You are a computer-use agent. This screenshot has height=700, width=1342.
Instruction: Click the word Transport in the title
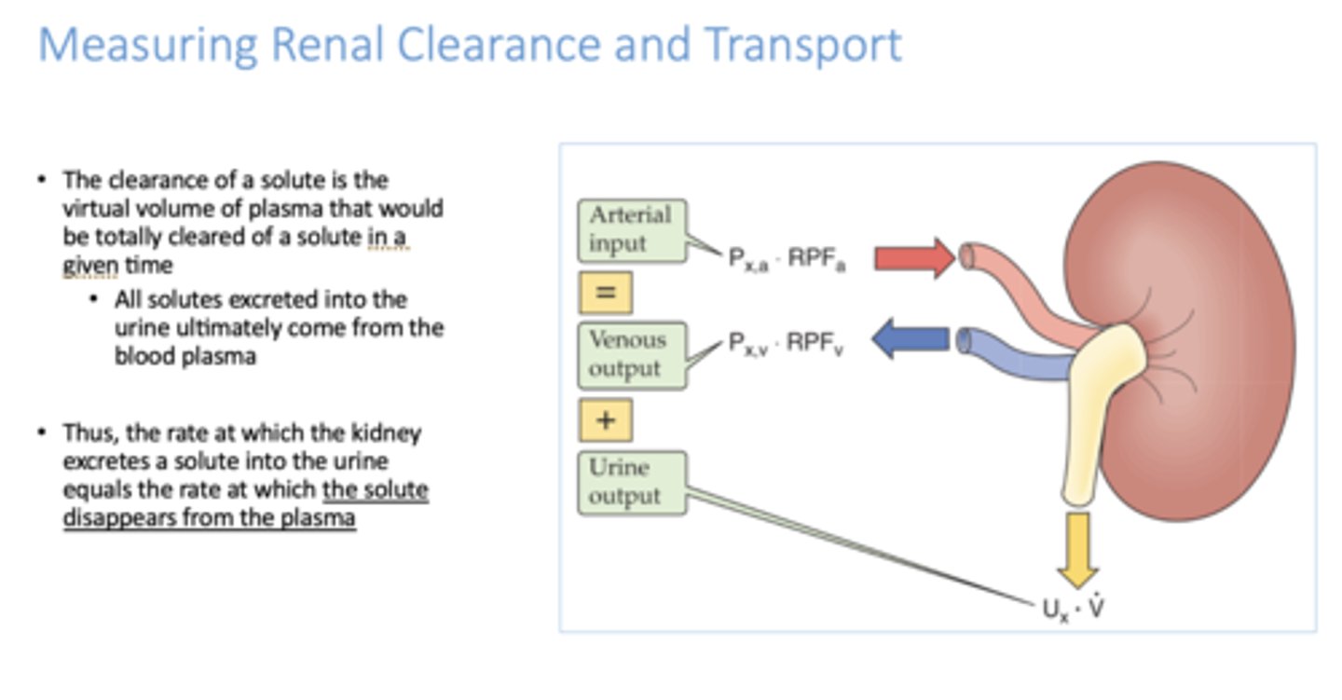(x=802, y=46)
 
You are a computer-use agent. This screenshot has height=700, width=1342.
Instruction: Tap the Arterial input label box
(x=631, y=229)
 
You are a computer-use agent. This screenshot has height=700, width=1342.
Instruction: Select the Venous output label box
(x=631, y=354)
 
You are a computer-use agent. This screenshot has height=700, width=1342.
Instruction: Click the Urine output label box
(x=631, y=483)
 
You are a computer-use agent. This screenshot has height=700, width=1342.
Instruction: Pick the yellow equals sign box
(x=606, y=293)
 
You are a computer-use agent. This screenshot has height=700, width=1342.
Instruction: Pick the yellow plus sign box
(x=606, y=420)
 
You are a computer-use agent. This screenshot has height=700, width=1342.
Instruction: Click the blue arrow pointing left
(x=911, y=339)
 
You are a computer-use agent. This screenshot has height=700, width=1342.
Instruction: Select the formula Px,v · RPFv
(x=787, y=345)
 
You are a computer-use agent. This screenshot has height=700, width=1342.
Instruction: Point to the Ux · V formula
(x=1073, y=611)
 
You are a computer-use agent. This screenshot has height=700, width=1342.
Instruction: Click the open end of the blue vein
(x=964, y=340)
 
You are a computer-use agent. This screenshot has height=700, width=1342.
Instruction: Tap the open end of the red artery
(x=968, y=255)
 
